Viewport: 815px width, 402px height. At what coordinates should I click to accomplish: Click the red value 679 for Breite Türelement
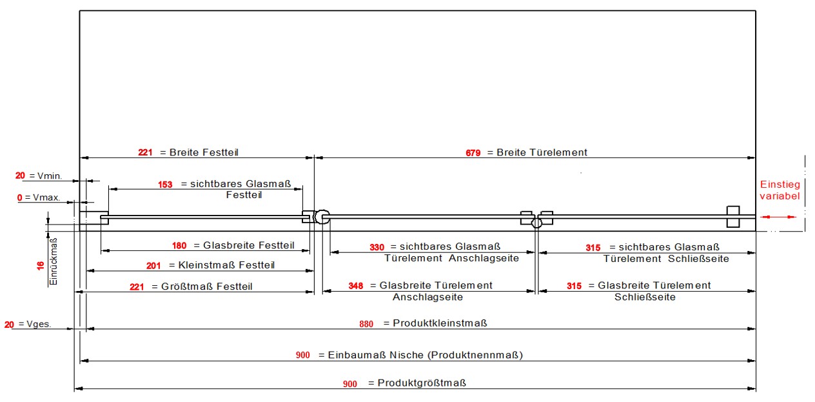473,153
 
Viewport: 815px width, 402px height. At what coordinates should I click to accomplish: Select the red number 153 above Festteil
165,185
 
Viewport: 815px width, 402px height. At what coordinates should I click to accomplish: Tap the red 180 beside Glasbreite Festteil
179,246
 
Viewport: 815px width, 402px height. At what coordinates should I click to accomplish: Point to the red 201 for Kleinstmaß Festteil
153,266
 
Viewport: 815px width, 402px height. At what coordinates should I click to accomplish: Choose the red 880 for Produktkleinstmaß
366,324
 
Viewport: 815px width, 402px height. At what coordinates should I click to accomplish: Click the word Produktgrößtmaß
422,383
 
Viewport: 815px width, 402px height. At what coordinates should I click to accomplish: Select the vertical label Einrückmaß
54,261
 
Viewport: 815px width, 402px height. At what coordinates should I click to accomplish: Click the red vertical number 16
40,265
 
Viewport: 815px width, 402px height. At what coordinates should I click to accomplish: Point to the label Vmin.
49,176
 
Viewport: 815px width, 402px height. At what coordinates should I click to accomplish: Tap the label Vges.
43,324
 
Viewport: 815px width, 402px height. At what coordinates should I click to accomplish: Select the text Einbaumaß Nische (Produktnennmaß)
425,356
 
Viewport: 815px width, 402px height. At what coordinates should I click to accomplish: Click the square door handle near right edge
732,216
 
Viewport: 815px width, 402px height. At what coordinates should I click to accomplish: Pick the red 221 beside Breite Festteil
145,153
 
